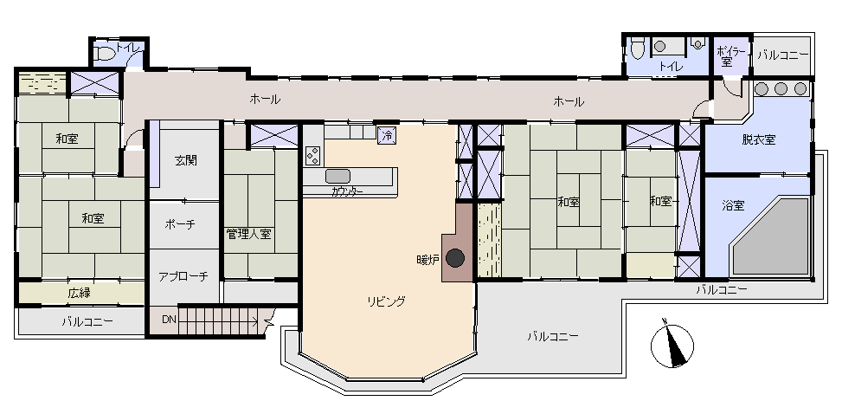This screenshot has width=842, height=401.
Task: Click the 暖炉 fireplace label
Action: [428, 260]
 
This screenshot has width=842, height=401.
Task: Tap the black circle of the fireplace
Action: [455, 259]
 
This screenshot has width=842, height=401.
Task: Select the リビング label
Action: [386, 301]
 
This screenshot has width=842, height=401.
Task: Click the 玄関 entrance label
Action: [186, 160]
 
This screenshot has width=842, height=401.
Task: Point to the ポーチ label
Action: [180, 224]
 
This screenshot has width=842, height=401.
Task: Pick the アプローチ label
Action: [183, 276]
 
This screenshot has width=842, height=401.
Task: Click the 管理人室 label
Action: [248, 234]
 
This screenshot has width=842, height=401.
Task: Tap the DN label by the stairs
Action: [169, 320]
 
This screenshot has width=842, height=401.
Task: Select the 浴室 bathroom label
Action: [734, 204]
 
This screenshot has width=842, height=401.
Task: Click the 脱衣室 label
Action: [759, 139]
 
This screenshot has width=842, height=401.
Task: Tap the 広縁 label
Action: [79, 293]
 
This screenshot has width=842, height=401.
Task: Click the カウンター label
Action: [347, 191]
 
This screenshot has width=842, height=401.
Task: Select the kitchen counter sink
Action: [337, 176]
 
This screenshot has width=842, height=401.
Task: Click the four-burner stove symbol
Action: [313, 155]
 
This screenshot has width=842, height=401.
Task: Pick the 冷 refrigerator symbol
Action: [387, 135]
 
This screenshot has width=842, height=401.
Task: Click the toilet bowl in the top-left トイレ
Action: [105, 54]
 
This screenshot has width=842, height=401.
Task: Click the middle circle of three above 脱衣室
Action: [781, 88]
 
